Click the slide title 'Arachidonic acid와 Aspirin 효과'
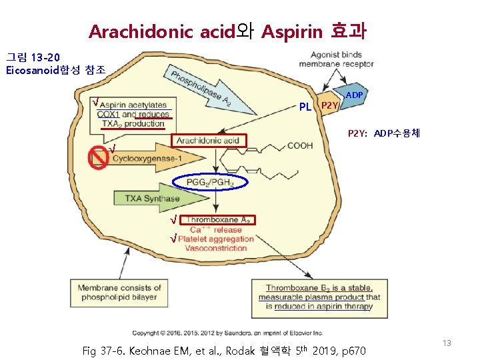227,31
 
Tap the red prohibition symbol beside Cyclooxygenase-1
99,156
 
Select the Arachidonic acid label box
209,141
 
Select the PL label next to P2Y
305,107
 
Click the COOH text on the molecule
299,145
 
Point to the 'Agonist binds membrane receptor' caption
336,59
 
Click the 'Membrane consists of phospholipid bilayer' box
116,292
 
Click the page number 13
447,343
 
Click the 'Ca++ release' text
216,229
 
